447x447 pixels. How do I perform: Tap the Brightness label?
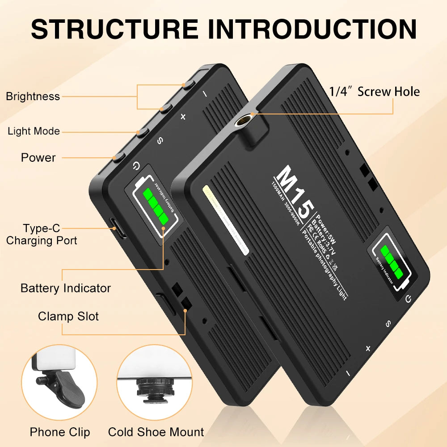pyautogui.click(x=33, y=96)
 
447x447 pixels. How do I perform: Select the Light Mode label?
pyautogui.click(x=34, y=131)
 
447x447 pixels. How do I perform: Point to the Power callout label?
pyautogui.click(x=38, y=157)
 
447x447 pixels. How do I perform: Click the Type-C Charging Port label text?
pyautogui.click(x=42, y=235)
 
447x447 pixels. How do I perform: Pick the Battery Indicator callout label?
pyautogui.click(x=66, y=288)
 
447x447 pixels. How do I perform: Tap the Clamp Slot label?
pyautogui.click(x=68, y=316)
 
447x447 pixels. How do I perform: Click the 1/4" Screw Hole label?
pyautogui.click(x=375, y=92)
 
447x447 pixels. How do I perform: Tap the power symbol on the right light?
pyautogui.click(x=408, y=299)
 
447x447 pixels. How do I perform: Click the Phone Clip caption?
pyautogui.click(x=60, y=432)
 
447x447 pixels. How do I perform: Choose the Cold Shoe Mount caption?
pyautogui.click(x=156, y=432)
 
